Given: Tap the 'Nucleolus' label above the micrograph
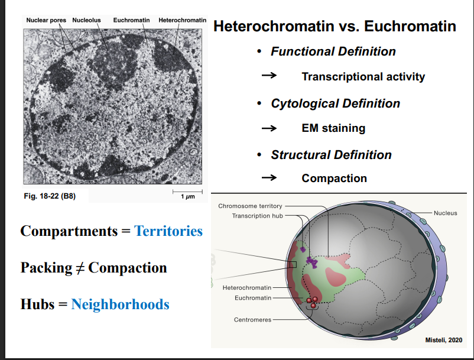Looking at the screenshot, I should (86, 20).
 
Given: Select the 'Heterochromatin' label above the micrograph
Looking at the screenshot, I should (182, 20).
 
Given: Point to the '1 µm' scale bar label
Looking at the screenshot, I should (188, 196).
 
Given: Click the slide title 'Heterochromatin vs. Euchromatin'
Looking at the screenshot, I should (334, 27).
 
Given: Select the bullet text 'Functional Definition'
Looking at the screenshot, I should (333, 51).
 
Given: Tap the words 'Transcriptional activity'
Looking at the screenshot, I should (363, 76).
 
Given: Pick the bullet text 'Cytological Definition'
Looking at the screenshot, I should (335, 103).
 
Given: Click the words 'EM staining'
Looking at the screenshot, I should (333, 128).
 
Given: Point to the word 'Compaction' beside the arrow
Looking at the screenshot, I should (334, 178).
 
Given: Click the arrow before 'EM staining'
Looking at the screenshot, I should (269, 128).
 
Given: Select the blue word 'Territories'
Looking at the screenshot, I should (168, 231).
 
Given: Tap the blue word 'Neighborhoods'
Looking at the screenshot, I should (120, 304).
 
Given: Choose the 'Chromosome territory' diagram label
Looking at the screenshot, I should (250, 206).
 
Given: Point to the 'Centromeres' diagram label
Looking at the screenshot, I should (253, 320).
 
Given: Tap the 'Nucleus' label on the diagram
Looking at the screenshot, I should (445, 213).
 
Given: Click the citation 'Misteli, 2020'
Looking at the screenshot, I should (444, 340).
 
